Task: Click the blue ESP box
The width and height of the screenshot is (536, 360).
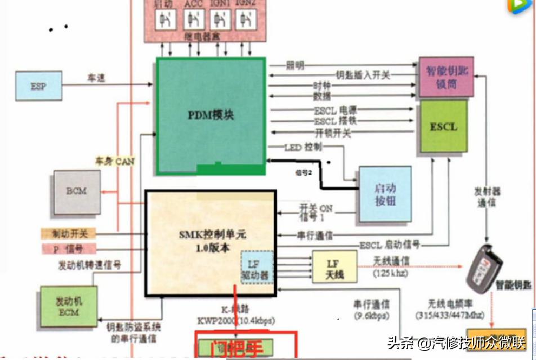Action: [38, 86]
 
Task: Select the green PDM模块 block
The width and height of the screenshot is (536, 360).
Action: [210, 115]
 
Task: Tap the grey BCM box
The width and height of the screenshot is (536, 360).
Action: [77, 191]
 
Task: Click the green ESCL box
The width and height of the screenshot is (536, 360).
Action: [444, 127]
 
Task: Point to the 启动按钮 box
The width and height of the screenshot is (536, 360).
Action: [385, 193]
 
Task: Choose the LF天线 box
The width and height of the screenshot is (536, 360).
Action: [334, 268]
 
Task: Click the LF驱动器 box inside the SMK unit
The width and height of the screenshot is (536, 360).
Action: [257, 268]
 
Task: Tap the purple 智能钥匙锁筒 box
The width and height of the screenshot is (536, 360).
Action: [446, 77]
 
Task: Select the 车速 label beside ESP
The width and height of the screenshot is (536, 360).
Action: [96, 78]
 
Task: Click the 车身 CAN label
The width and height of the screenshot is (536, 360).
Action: [114, 162]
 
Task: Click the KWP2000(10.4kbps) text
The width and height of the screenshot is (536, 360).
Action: [235, 321]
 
